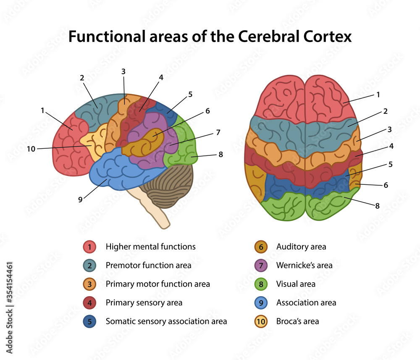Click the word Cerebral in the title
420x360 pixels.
(x=267, y=37)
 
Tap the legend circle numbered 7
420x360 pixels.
(x=261, y=265)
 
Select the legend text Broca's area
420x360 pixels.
(x=297, y=321)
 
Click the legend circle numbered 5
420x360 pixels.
(x=89, y=321)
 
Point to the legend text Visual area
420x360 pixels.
(x=296, y=284)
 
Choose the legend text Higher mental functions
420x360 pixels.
(x=150, y=247)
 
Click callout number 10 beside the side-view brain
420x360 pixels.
(x=31, y=149)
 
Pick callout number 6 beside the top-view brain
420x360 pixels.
(x=386, y=185)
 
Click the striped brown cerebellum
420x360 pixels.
(x=168, y=187)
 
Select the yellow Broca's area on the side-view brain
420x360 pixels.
(x=94, y=143)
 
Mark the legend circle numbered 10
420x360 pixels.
(x=261, y=321)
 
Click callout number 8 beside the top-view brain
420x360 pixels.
(x=377, y=206)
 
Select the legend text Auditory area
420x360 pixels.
(x=301, y=247)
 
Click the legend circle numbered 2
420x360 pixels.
(x=89, y=265)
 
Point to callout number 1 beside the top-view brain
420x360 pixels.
(x=378, y=95)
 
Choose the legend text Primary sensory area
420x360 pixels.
(x=144, y=302)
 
